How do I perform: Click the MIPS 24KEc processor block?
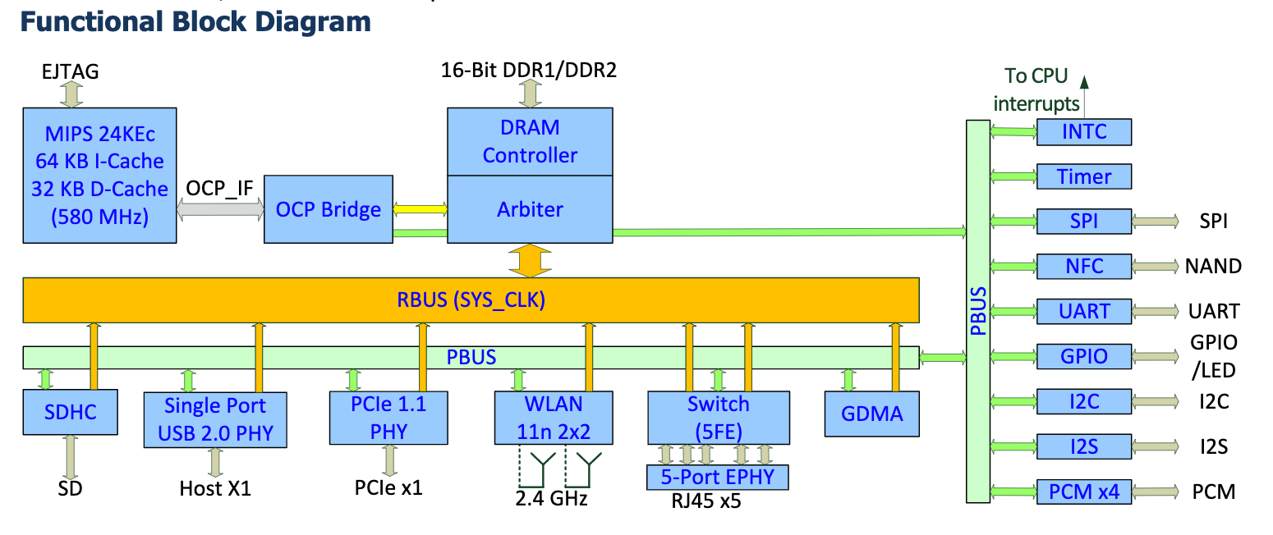99,174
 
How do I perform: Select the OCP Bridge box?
328,208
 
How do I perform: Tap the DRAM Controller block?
530,141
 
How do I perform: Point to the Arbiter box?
530,208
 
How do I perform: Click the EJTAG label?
70,72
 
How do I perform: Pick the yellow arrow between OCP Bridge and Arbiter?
420,210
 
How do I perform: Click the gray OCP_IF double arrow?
220,210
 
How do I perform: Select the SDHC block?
70,412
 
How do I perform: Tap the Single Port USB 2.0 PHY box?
215,418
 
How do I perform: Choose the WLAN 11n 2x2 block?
554,416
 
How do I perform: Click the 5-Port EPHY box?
718,477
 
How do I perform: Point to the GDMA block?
871,413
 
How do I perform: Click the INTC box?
1084,131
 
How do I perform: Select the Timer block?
1084,176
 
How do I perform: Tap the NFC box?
1084,266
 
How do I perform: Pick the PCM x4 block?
1084,492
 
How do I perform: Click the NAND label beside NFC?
1212,266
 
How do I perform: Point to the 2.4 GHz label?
551,498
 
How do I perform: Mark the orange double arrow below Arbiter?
530,260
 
